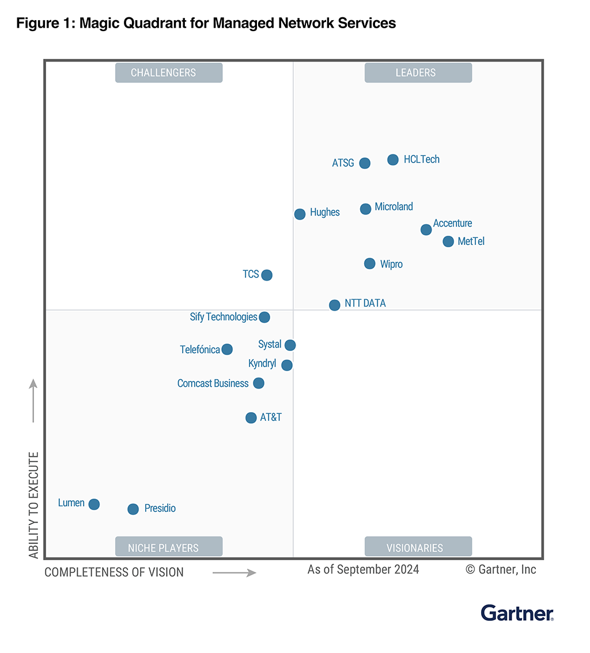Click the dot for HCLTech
coord(393,160)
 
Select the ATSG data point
coord(365,163)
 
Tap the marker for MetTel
coord(448,241)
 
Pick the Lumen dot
coord(94,504)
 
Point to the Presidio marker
coord(133,509)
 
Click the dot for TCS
coord(267,275)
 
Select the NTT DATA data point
coord(335,305)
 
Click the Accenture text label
coord(452,223)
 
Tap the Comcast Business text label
coord(213,383)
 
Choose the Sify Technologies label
coord(223,316)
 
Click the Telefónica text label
coord(199,349)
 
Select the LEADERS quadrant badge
coord(418,73)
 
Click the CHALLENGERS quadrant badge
coord(168,73)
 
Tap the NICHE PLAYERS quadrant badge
coord(168,548)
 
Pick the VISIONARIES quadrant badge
coord(418,548)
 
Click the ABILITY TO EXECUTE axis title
coord(34,505)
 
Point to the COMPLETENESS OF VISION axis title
coord(114,572)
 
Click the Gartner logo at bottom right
coord(517,613)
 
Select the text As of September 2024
coord(363,569)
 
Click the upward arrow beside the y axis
coord(33,401)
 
